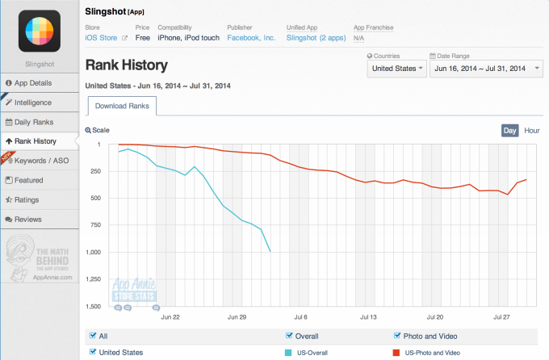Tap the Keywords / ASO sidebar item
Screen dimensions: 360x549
[39, 160]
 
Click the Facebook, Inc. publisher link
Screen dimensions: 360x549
[252, 38]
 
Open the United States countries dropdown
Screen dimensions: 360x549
[397, 69]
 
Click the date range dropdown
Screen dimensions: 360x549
[487, 69]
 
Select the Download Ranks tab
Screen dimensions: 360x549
[122, 107]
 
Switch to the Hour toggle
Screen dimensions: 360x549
[532, 130]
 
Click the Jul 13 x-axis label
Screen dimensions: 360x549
[368, 316]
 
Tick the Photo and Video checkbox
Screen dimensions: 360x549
[397, 336]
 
